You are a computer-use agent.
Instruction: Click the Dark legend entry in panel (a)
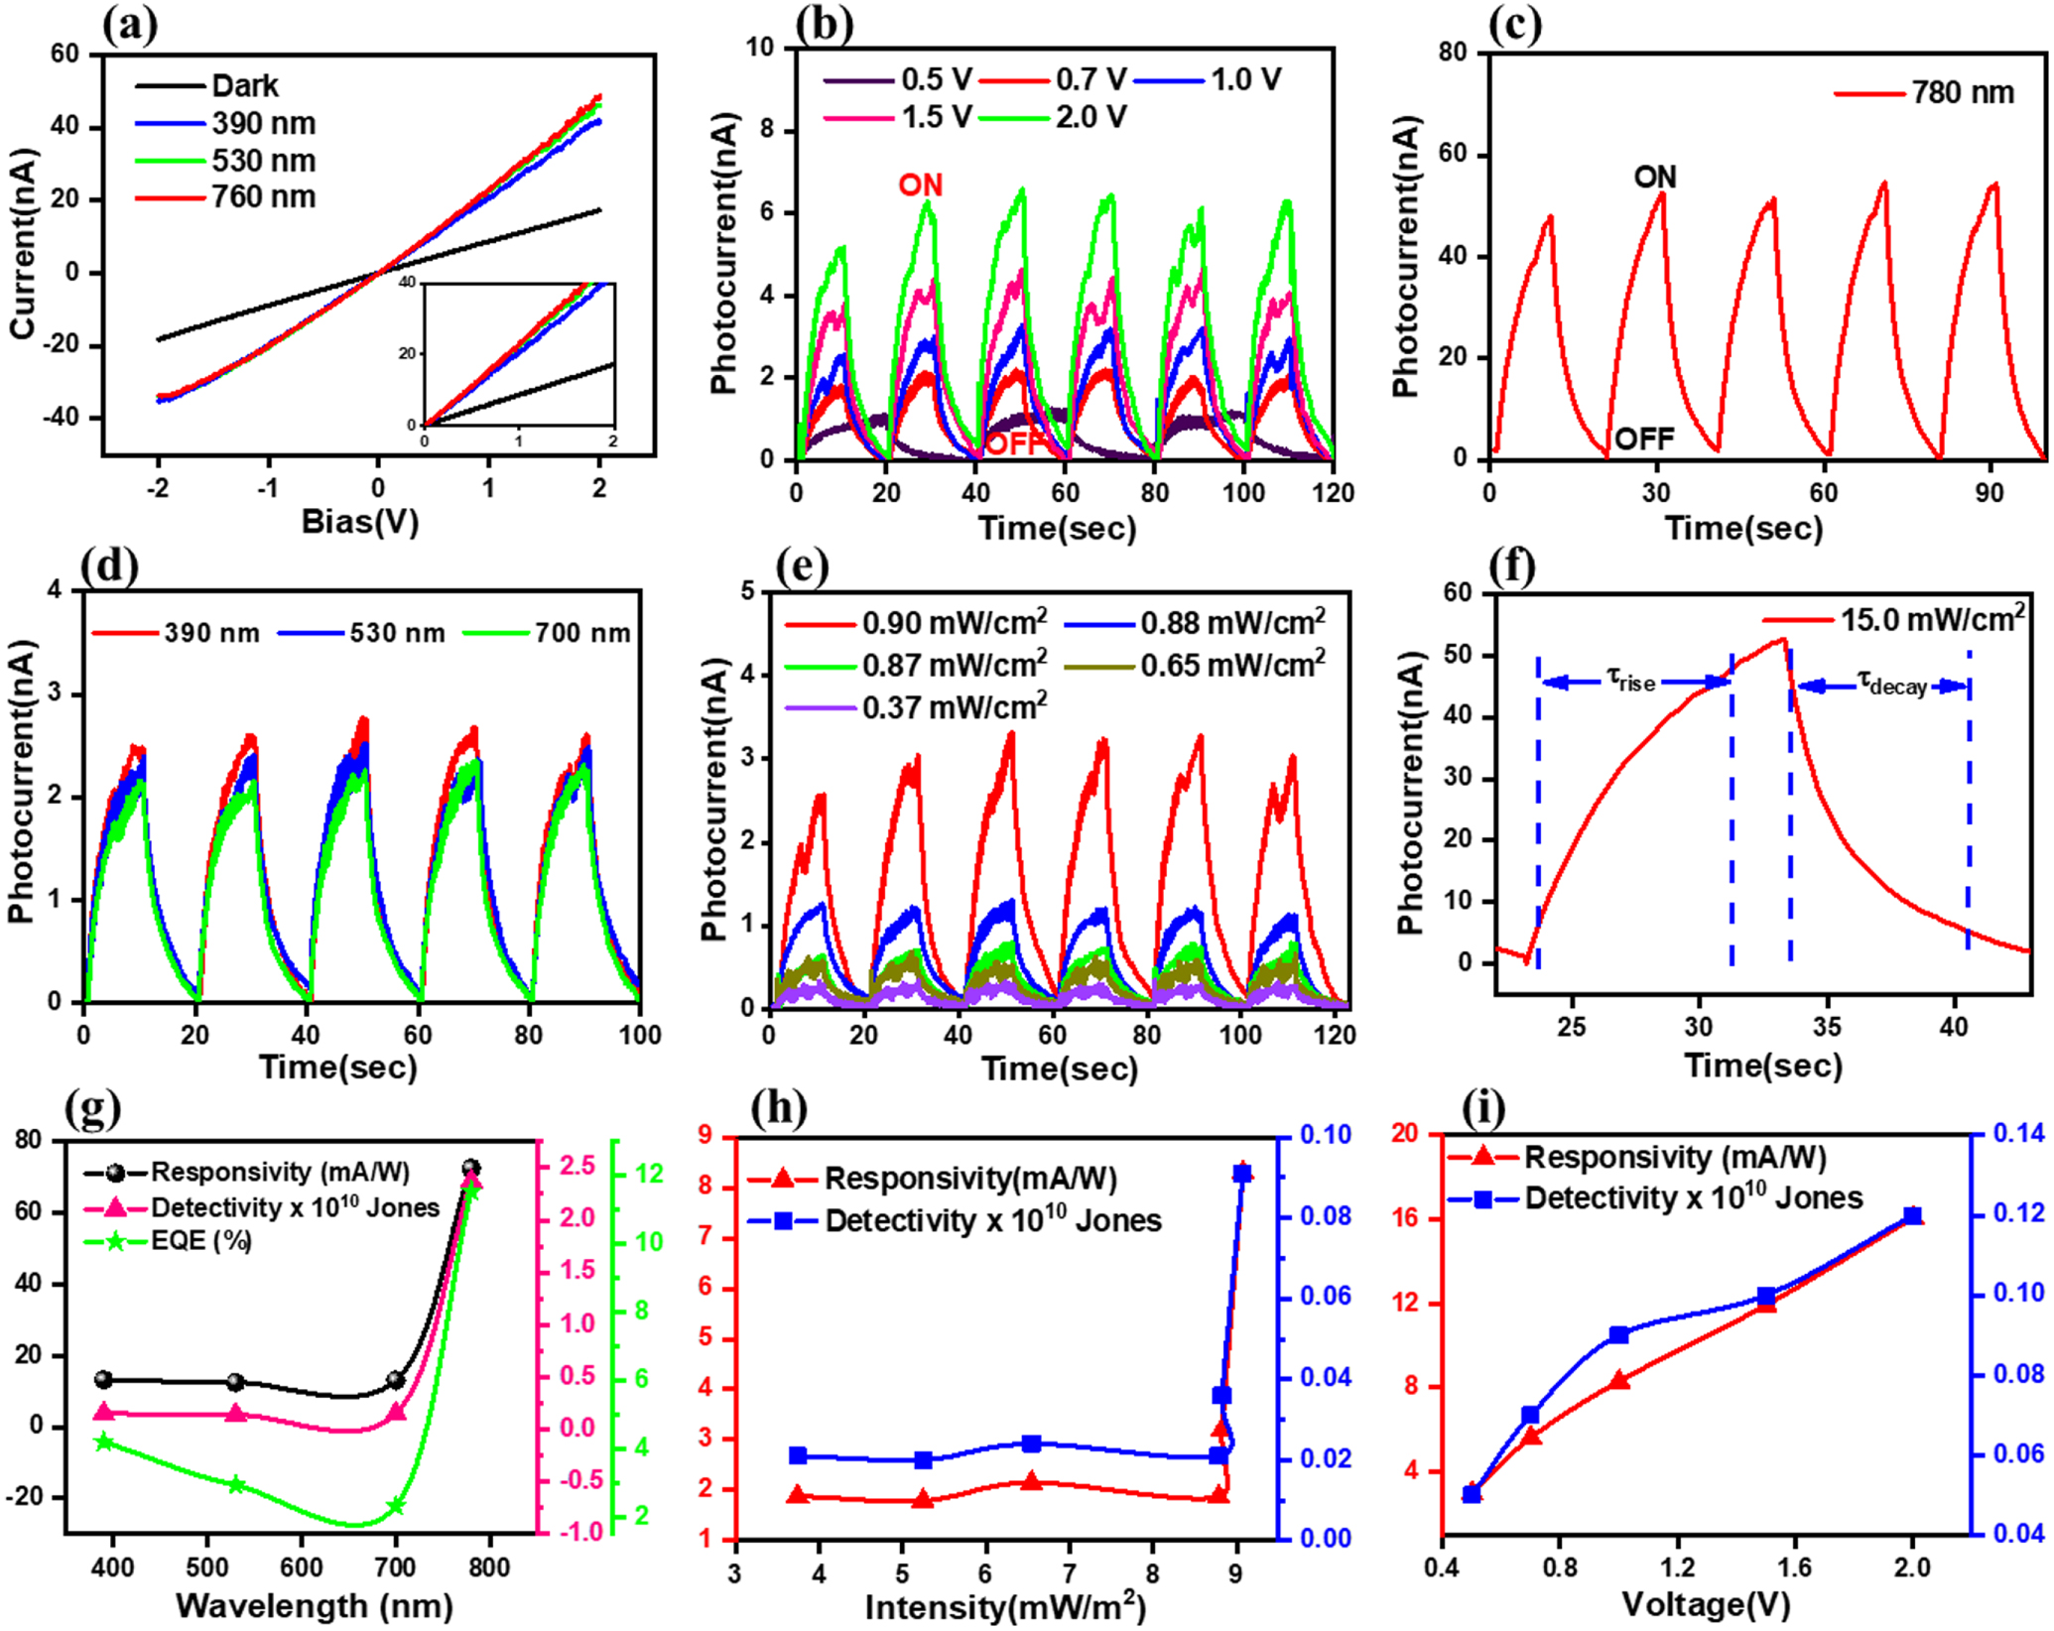pos(244,86)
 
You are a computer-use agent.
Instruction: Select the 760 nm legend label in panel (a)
pos(263,197)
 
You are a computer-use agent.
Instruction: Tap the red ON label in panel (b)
pos(920,186)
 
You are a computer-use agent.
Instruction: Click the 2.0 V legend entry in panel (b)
pos(1091,118)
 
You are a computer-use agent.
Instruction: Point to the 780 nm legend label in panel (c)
pos(1963,93)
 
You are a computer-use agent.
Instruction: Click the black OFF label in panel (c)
pos(1644,439)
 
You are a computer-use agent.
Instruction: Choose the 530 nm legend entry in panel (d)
pos(397,633)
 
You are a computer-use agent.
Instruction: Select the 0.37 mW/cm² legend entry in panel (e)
pos(954,707)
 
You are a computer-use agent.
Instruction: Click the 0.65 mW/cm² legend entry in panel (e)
pos(1231,665)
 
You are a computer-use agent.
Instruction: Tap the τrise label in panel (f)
pos(1631,681)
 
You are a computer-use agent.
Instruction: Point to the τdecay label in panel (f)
pos(1891,684)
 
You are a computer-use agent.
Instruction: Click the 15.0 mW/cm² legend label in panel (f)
pos(1932,619)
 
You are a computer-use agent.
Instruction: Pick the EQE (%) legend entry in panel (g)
pos(200,1241)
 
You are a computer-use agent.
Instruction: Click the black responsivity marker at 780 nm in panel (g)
pos(472,1169)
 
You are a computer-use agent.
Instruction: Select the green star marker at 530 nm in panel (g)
pos(236,1485)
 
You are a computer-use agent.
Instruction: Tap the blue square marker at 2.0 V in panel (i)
pos(1912,1216)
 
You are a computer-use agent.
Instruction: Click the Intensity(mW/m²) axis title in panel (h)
pos(1004,1606)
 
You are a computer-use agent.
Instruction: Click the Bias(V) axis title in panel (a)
pos(360,521)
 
